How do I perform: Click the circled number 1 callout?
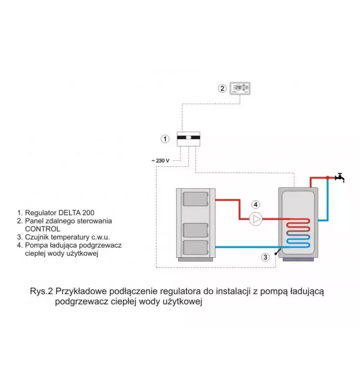(165, 139)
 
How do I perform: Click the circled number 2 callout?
(222, 89)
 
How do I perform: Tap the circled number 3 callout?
(265, 257)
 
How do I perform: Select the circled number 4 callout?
(254, 204)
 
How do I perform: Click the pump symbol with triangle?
(256, 219)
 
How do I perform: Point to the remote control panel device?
(240, 89)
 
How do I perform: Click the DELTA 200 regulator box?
(189, 139)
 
